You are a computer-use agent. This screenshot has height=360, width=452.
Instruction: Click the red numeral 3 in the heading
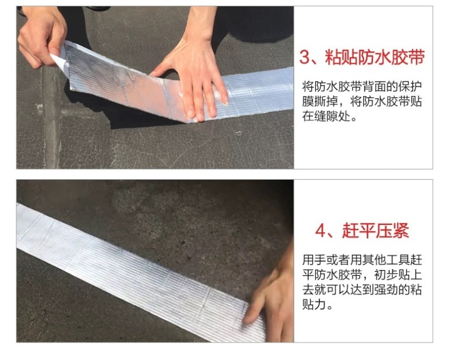click(x=305, y=57)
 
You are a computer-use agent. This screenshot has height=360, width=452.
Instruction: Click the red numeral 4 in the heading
click(x=320, y=231)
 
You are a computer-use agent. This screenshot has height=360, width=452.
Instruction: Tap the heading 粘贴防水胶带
click(x=375, y=57)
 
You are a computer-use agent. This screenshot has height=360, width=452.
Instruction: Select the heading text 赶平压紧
click(x=376, y=231)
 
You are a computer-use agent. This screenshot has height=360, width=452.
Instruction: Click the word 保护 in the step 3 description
click(x=410, y=86)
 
